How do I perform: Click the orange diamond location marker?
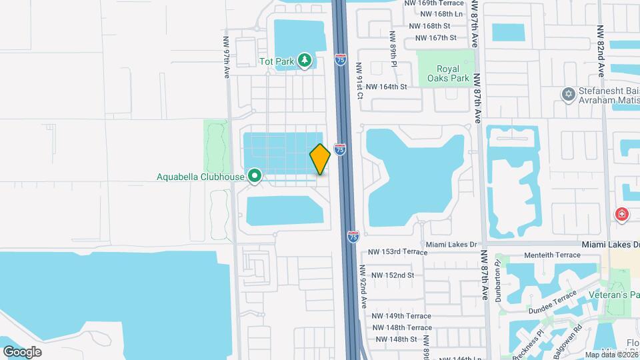(320, 159)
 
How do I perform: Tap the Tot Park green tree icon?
(305, 61)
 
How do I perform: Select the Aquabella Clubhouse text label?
(200, 177)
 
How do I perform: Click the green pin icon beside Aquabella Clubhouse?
(255, 177)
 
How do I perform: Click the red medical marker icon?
(621, 215)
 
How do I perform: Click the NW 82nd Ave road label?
(600, 50)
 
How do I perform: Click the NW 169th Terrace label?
(434, 3)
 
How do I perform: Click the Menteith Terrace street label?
(553, 255)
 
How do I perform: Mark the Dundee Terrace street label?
(553, 302)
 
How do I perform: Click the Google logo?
(22, 351)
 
